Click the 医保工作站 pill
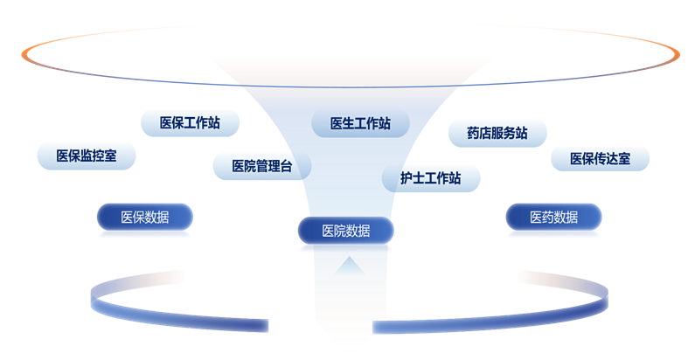(x=191, y=122)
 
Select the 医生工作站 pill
(x=360, y=123)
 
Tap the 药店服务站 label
(x=497, y=133)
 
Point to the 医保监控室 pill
(x=87, y=156)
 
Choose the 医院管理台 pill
(x=262, y=166)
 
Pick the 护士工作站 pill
(x=431, y=178)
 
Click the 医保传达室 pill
(x=600, y=158)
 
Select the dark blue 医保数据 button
(x=145, y=217)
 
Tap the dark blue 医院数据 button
(x=345, y=231)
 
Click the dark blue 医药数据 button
(x=554, y=217)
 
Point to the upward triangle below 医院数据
(x=350, y=267)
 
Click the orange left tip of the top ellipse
(x=23, y=54)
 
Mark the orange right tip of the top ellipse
(x=678, y=54)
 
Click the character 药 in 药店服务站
(x=473, y=133)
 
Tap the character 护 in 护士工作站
(x=407, y=178)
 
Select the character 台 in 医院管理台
(x=287, y=166)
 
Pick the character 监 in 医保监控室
(x=87, y=156)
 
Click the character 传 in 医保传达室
(x=600, y=158)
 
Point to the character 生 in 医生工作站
(x=348, y=123)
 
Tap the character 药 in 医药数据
(x=548, y=217)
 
